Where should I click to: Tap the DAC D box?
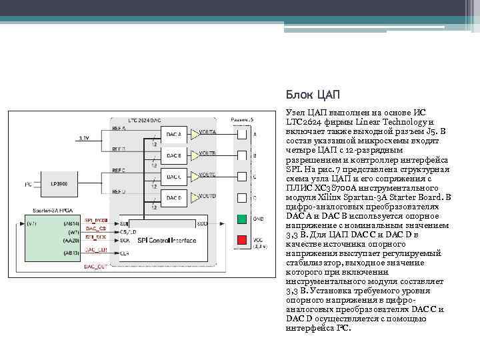(174, 198)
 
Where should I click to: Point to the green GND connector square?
(241, 218)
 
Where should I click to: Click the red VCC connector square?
(241, 239)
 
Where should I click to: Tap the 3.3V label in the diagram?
(83, 138)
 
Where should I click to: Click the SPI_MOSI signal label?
(97, 221)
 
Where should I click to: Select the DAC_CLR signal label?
(96, 250)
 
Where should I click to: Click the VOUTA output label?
(207, 132)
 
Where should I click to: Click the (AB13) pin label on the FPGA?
(71, 253)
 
